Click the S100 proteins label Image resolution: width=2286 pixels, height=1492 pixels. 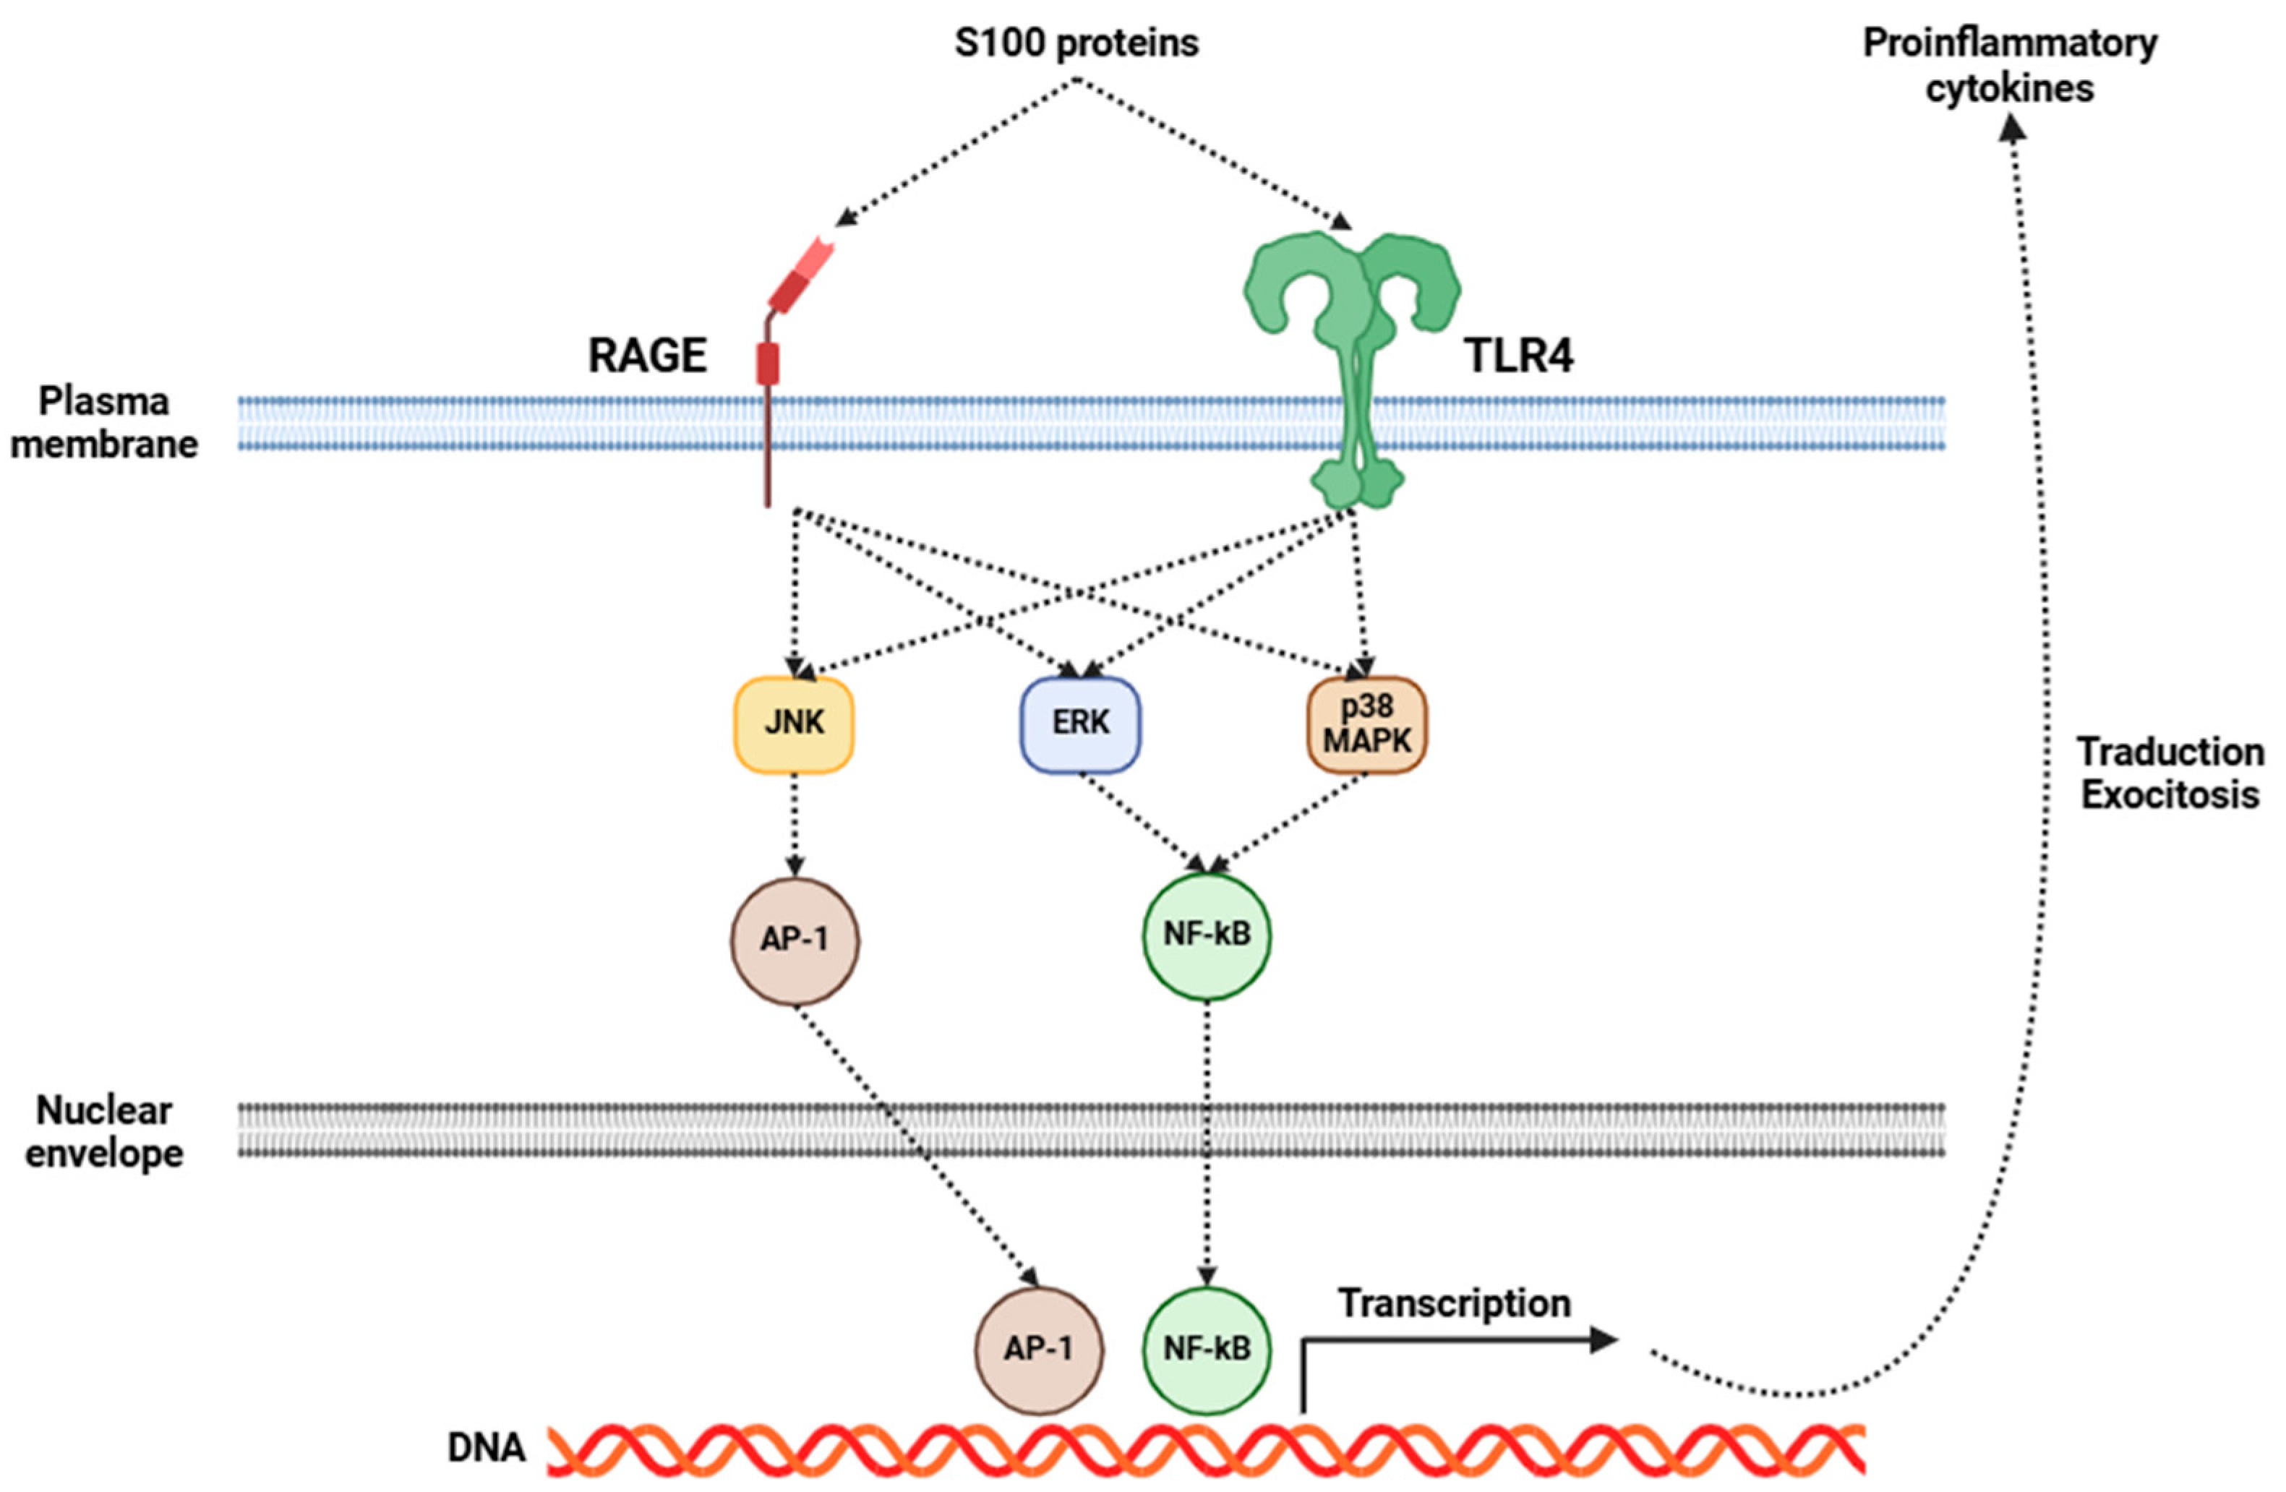[1076, 44]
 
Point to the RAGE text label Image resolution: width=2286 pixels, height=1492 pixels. [647, 356]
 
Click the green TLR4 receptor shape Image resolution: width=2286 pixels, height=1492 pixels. [1353, 369]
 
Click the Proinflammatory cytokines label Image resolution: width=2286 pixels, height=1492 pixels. [2011, 65]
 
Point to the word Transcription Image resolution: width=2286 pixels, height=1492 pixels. [1454, 1304]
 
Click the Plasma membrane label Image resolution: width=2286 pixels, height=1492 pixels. [103, 422]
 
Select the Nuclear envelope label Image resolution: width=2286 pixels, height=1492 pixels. [103, 1131]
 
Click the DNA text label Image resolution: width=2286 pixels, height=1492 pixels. [486, 1448]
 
